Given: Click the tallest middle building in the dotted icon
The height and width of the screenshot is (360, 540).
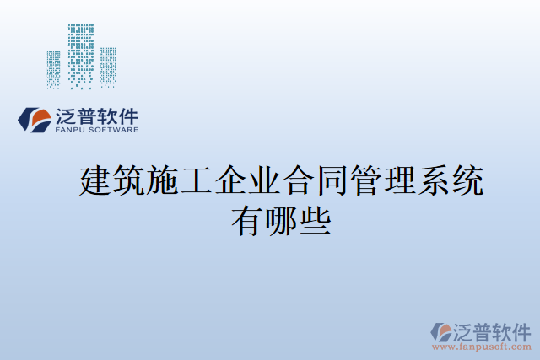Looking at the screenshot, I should pos(81,54).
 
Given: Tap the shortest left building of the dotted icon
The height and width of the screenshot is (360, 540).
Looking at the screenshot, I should pos(52,68).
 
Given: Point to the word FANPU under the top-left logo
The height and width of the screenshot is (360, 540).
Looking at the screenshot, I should pos(72,130).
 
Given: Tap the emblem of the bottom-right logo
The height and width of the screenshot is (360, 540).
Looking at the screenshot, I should pos(440,330).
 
